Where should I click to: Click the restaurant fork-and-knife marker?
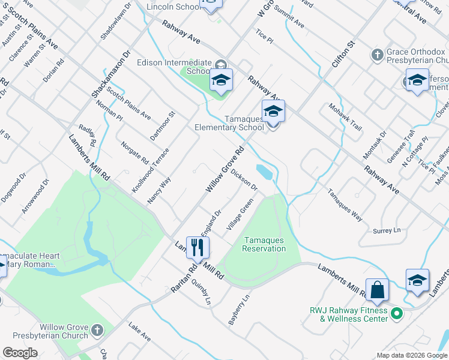(x=196, y=247)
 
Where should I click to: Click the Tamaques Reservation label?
(x=264, y=245)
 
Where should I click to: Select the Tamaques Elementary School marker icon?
(x=273, y=112)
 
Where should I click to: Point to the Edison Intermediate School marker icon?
(x=221, y=80)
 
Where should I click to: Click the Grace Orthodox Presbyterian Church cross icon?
(x=377, y=56)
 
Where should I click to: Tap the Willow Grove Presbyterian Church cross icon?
(x=97, y=329)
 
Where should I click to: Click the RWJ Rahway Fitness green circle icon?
(x=396, y=313)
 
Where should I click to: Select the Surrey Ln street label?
(x=386, y=230)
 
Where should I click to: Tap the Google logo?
(x=20, y=353)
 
